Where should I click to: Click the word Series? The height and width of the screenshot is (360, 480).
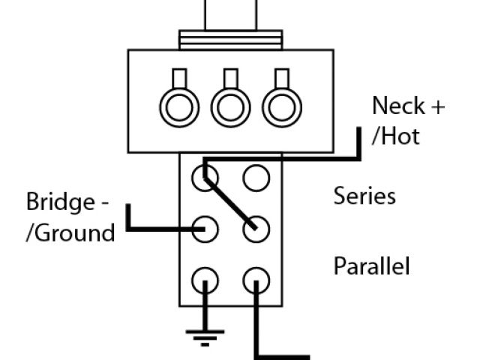coord(364,196)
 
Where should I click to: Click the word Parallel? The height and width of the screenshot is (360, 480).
coord(372,266)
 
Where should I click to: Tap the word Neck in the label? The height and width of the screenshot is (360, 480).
coord(397,106)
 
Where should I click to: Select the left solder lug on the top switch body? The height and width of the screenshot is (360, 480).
coord(180,107)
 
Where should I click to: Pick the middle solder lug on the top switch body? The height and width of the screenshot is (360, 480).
coord(230,107)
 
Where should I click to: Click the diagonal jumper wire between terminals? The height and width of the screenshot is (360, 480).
coord(230,202)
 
